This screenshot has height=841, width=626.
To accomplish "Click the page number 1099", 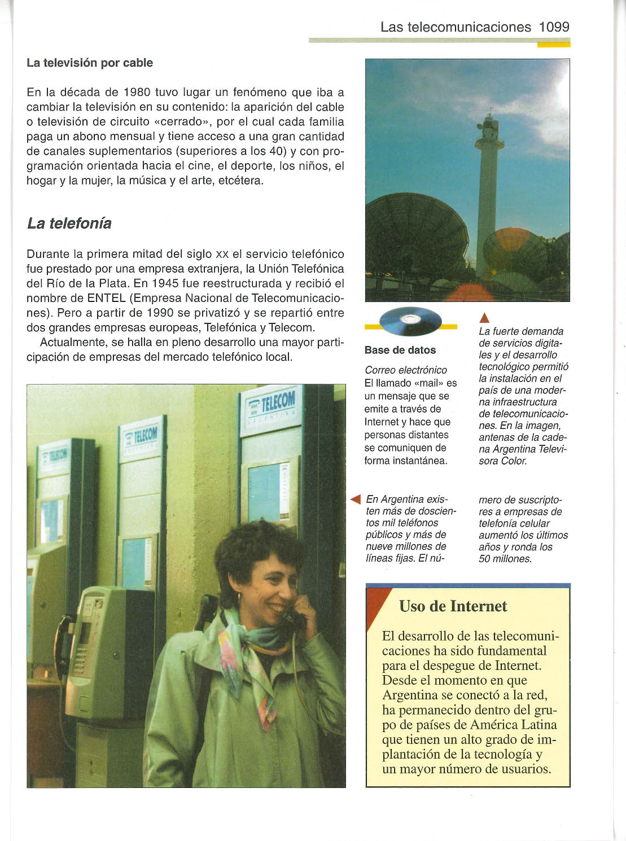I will (554, 27).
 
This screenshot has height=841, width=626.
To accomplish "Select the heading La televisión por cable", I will (90, 63).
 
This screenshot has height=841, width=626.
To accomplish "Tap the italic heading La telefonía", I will (69, 224).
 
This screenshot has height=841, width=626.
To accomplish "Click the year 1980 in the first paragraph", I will (136, 92).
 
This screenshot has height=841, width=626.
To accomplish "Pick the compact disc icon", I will (410, 321).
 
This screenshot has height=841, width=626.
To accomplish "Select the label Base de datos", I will (400, 350).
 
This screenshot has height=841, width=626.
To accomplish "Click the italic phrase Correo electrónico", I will (406, 370).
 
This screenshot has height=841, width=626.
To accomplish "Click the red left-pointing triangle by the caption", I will (356, 500).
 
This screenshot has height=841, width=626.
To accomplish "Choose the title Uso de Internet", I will (453, 606).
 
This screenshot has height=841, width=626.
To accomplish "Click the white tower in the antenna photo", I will (487, 192).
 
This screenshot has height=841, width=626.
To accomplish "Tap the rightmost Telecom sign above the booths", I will (270, 408).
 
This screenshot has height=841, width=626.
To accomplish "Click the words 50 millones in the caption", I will (505, 559).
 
